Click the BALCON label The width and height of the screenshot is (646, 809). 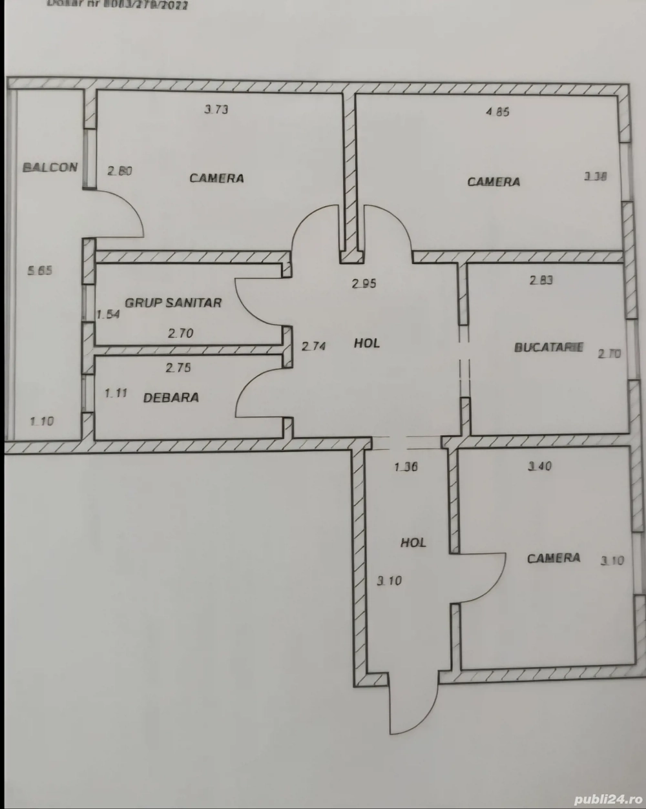(x=50, y=167)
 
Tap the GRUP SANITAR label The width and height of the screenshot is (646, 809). (x=173, y=302)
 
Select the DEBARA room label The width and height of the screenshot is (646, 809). (x=171, y=398)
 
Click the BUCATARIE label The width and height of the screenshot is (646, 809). (x=548, y=347)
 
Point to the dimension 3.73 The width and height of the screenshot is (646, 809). (x=216, y=110)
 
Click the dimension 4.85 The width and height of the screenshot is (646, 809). (x=497, y=112)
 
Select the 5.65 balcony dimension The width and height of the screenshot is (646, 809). (x=39, y=271)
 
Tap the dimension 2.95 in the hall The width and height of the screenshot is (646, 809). (x=364, y=283)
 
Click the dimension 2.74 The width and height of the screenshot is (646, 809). (x=314, y=346)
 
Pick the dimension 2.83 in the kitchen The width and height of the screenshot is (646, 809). (x=541, y=280)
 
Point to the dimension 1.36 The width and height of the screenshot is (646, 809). (x=407, y=467)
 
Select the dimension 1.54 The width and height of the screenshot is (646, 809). (x=108, y=315)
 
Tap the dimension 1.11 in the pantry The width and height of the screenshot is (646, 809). (x=116, y=393)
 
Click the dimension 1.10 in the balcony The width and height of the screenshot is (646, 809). (x=42, y=421)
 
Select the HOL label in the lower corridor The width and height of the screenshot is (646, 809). (x=413, y=543)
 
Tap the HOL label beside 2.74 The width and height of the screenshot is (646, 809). (x=366, y=343)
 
